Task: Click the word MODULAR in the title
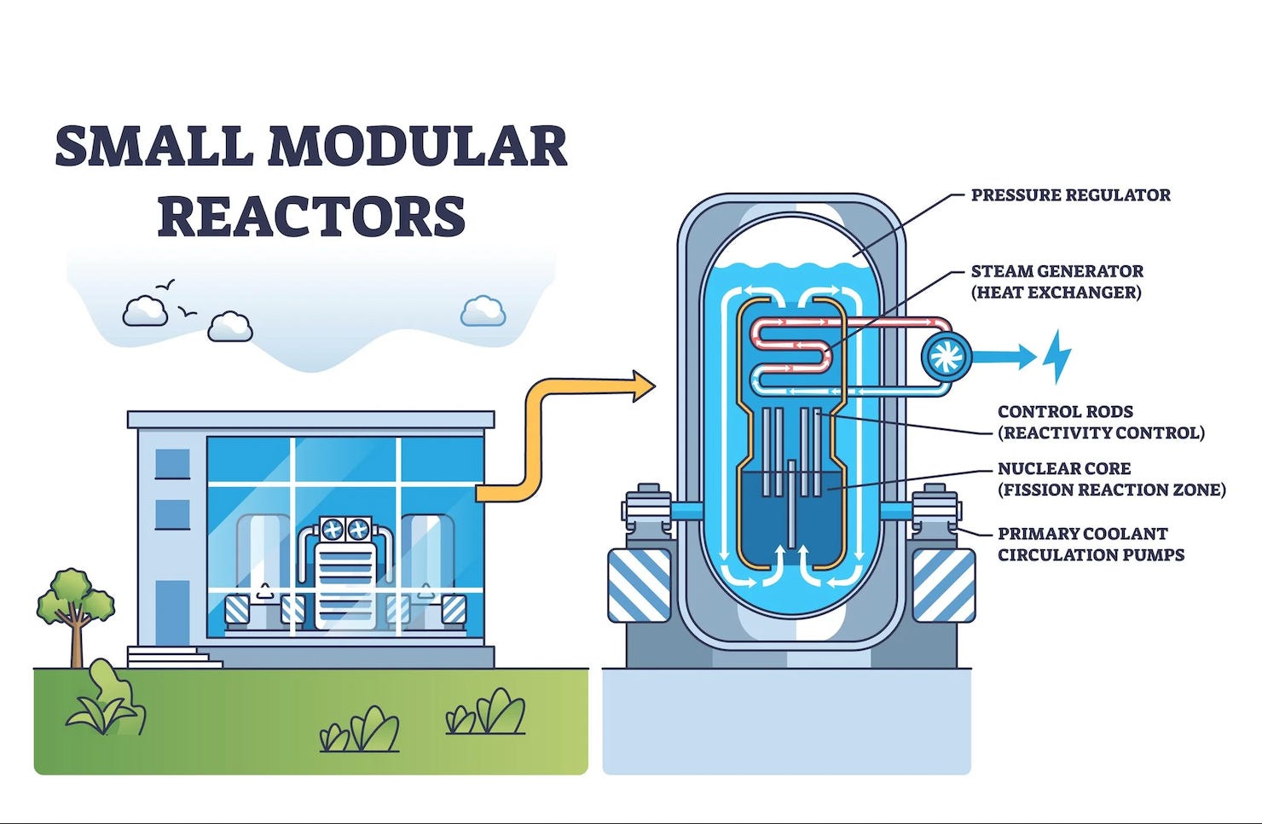[417, 146]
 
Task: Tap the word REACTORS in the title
[311, 216]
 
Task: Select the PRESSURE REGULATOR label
[1070, 195]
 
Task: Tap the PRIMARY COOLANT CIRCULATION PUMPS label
[1091, 544]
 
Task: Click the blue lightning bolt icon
[1056, 356]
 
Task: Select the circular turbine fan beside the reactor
[946, 357]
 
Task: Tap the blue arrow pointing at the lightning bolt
[1006, 357]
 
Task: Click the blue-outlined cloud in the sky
[483, 311]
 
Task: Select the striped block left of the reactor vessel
[639, 585]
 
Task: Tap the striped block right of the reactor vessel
[943, 585]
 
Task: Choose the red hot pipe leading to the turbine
[887, 322]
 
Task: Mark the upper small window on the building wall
[173, 463]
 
